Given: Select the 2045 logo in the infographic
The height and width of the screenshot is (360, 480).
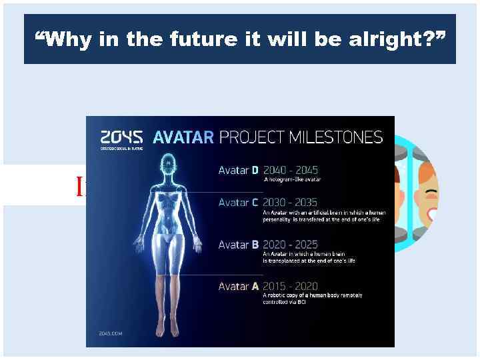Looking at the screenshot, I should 121,137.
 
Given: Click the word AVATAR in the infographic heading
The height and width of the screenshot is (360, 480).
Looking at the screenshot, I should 183,137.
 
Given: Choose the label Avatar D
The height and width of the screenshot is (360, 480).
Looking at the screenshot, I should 238,171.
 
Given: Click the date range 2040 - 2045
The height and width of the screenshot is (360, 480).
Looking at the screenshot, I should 291,171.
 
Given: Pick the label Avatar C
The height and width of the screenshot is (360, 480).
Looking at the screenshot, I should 238,202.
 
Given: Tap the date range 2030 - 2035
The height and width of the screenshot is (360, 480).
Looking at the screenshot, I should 291,202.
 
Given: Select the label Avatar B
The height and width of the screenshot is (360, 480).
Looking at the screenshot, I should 238,245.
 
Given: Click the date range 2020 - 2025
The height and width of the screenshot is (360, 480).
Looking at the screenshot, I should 291,245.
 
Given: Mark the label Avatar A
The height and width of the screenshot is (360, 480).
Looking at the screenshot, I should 238,286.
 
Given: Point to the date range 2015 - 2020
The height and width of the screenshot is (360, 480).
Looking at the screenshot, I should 291,286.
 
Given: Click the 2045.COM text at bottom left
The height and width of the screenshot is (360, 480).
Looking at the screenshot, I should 111,333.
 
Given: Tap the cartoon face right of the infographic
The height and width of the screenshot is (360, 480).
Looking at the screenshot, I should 427,193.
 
